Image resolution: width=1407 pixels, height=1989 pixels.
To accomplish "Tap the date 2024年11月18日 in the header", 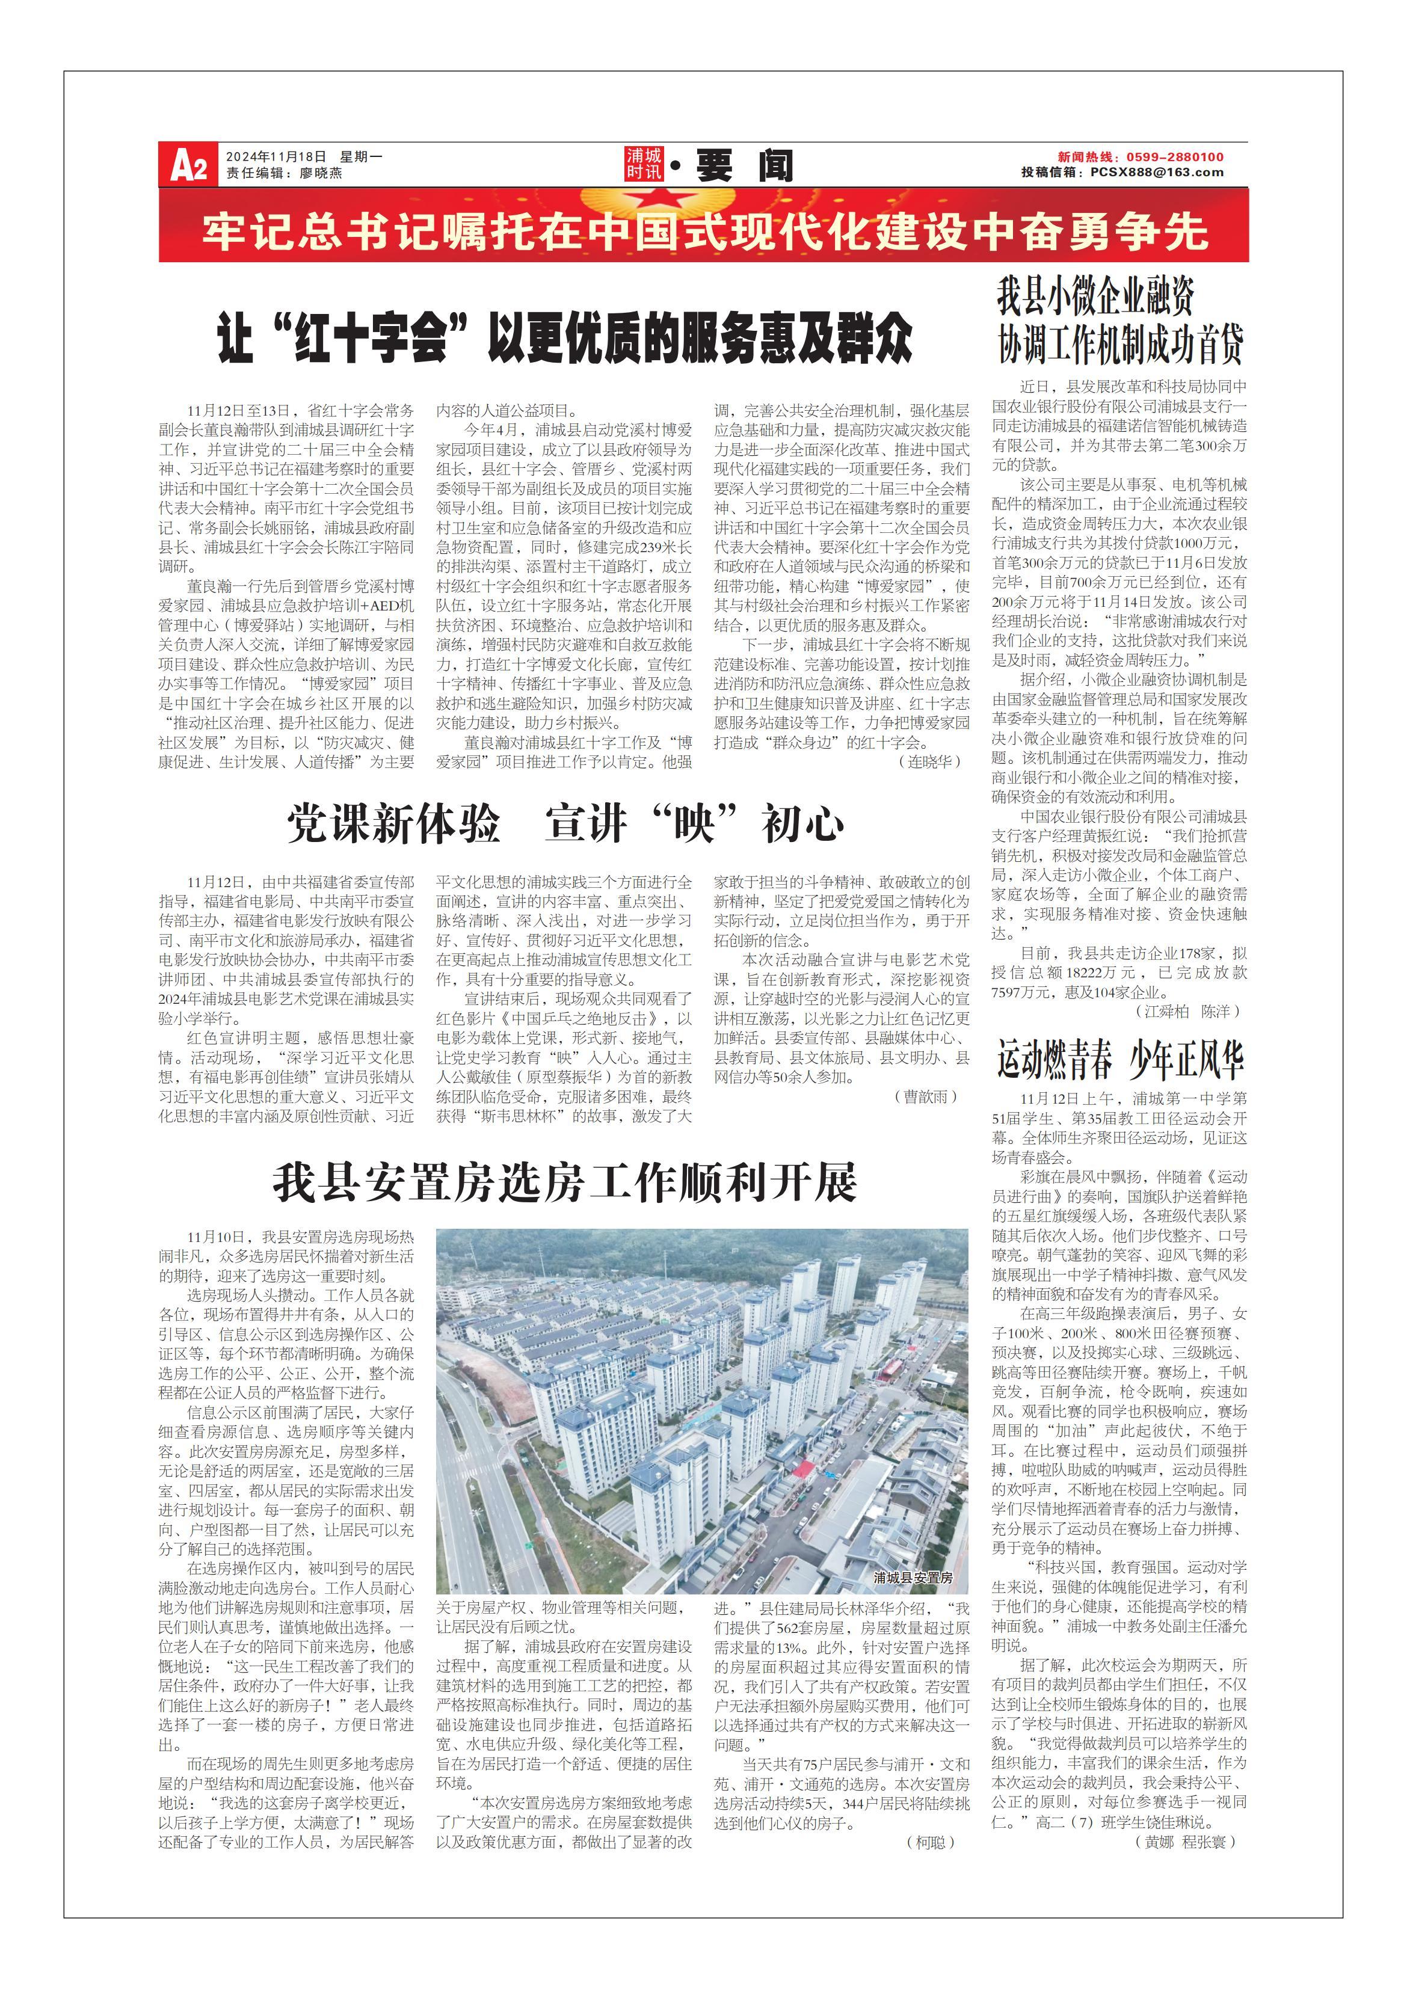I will pyautogui.click(x=276, y=157).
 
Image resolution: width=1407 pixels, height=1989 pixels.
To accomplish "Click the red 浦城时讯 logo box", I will pyautogui.click(x=644, y=164).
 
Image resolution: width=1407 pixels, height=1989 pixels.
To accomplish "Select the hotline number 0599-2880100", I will pyautogui.click(x=1175, y=157).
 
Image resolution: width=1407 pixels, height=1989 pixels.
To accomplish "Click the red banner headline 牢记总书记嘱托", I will pyautogui.click(x=704, y=232).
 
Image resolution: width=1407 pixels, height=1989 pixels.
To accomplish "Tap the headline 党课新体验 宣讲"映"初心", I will pyautogui.click(x=565, y=823).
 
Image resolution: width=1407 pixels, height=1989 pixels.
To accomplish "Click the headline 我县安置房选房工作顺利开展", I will pyautogui.click(x=565, y=1182).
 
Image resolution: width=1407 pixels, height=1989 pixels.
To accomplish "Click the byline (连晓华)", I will pyautogui.click(x=929, y=761).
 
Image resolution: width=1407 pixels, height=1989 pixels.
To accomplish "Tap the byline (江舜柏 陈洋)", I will pyautogui.click(x=1187, y=1011).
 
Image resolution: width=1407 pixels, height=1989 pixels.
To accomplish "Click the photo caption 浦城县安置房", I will pyautogui.click(x=913, y=1578).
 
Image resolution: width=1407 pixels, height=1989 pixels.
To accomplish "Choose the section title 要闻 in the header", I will pyautogui.click(x=744, y=165).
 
